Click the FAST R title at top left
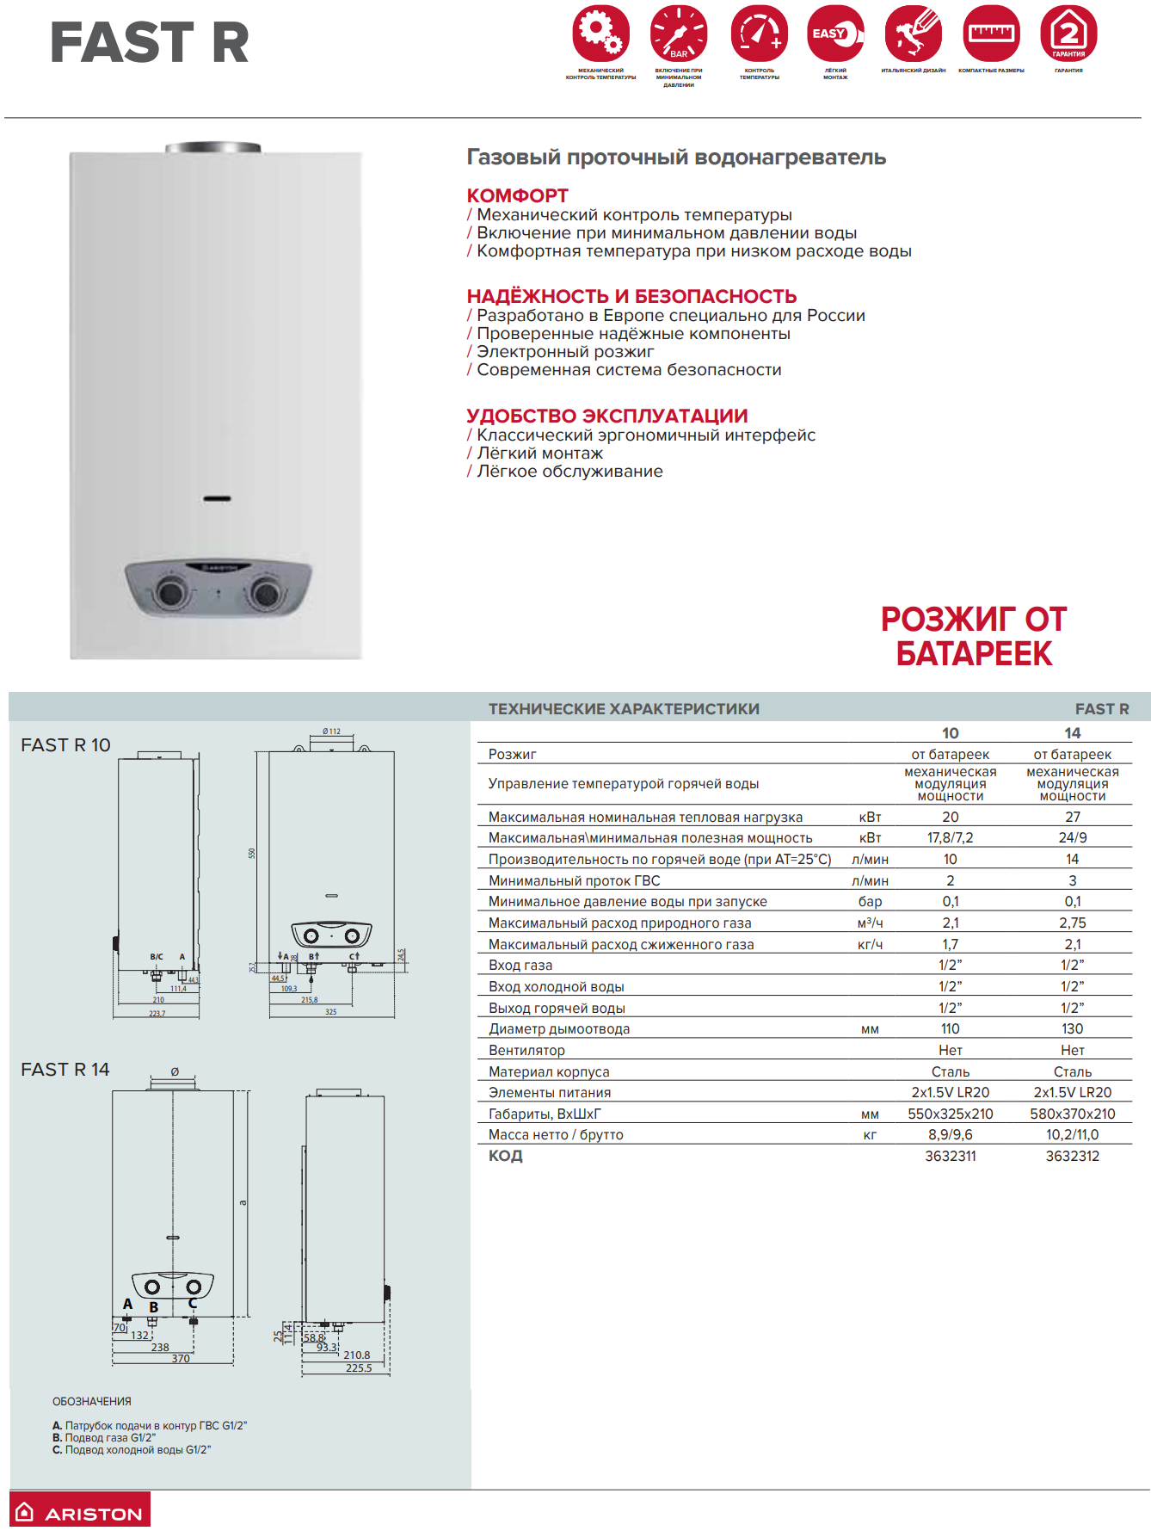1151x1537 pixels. point(150,43)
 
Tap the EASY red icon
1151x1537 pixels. point(834,34)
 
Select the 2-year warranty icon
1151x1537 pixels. point(1068,34)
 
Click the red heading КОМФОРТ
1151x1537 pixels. point(517,195)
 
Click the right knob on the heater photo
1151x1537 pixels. point(264,593)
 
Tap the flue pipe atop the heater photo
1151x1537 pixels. point(213,148)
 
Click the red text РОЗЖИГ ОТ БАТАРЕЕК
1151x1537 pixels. point(973,636)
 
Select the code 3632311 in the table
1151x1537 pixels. point(950,1156)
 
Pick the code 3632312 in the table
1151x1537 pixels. point(1072,1156)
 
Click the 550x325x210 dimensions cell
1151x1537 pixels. point(950,1114)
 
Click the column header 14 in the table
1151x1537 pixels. point(1072,733)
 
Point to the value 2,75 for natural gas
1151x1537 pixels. point(1072,923)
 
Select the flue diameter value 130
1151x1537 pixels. point(1072,1028)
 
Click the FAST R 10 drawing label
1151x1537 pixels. point(65,745)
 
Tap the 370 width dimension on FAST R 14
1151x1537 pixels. point(181,1359)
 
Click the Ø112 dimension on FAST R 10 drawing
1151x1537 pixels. point(331,731)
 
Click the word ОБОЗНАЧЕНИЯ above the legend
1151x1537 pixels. point(92,1401)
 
